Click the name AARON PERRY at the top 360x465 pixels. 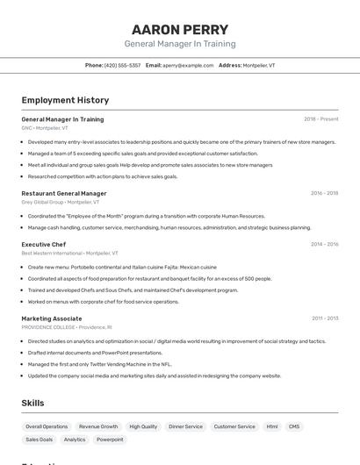[180, 29]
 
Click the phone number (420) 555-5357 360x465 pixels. [122, 65]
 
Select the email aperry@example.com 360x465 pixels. [188, 65]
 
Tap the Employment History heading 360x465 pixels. [65, 100]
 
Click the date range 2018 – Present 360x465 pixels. [320, 119]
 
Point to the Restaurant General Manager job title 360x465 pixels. [64, 193]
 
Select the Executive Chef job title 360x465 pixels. [44, 244]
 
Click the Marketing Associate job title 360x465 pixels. [52, 318]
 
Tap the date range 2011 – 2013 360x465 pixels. [325, 318]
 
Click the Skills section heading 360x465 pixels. [32, 403]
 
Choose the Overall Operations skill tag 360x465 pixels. [47, 426]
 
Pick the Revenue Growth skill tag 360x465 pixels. [98, 426]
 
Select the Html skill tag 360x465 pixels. [272, 426]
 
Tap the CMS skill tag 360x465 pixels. [294, 426]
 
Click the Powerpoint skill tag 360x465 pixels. [110, 440]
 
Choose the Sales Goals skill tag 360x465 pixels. [40, 440]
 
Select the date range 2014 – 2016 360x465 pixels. [325, 244]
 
